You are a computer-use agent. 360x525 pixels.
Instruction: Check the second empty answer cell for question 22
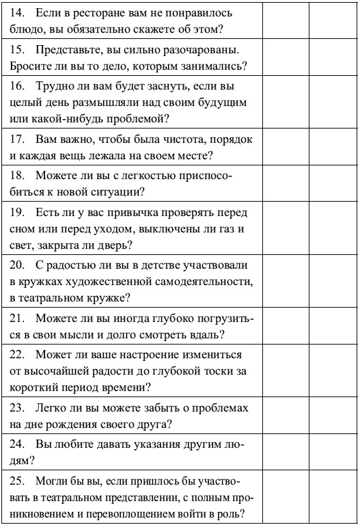point(333,372)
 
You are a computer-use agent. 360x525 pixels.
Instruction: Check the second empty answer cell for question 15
point(333,59)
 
